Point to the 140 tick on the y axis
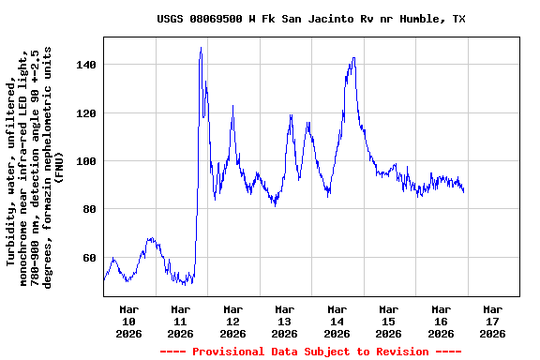88,65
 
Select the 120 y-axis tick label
88,113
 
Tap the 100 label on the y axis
88,161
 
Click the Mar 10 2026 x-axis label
129,321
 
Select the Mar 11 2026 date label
181,321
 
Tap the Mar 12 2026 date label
232,321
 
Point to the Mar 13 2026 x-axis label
285,321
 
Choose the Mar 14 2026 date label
337,321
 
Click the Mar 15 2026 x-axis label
388,321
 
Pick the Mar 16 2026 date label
441,321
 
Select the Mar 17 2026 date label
492,321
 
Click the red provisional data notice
310,352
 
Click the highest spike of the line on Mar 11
201,48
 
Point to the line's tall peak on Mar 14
353,58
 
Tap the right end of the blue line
464,190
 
